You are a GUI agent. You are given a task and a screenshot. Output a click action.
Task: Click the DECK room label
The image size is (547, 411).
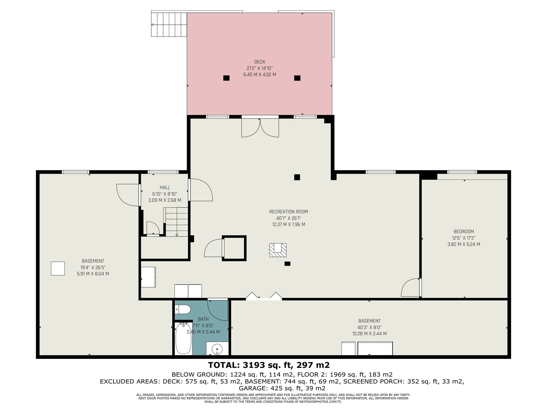click(x=259, y=62)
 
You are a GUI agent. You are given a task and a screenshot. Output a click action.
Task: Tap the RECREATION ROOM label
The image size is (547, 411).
click(x=288, y=212)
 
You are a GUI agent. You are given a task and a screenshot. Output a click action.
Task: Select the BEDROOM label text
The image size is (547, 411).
click(x=464, y=231)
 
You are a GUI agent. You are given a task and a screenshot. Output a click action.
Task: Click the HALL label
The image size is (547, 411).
click(x=165, y=187)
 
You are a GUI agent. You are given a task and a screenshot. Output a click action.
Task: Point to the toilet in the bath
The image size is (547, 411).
click(x=183, y=310)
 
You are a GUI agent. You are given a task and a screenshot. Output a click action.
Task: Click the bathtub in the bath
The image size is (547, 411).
click(x=183, y=338)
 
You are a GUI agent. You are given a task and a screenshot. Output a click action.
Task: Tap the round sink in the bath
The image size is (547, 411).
click(x=217, y=348)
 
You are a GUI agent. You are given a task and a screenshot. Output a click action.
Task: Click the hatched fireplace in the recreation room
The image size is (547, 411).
click(x=278, y=250)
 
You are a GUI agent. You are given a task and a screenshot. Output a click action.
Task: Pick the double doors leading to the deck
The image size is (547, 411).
click(x=260, y=128)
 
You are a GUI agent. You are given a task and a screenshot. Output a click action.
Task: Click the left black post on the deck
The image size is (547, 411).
click(x=226, y=78)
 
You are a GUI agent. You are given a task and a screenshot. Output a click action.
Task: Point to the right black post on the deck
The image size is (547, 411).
click(x=297, y=78)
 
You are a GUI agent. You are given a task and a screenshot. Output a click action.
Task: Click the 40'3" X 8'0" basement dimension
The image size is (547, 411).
click(x=369, y=327)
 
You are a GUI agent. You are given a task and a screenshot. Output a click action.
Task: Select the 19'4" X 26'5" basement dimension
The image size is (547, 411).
click(x=93, y=267)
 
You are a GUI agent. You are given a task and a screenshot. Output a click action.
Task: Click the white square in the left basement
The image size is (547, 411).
click(x=58, y=269)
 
